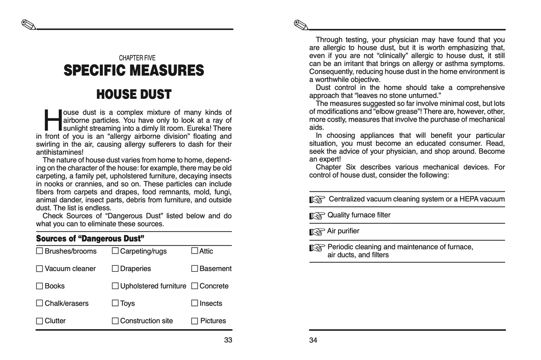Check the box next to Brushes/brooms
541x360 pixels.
[40, 251]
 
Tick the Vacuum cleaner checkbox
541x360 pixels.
[40, 269]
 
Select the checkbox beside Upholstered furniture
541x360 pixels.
[115, 286]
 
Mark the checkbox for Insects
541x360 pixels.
[194, 303]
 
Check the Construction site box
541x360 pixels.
[115, 321]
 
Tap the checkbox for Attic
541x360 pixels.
[194, 251]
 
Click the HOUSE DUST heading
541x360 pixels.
[134, 94]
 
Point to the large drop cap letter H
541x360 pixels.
[52, 120]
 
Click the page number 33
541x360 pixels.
[228, 340]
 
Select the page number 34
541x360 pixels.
[313, 340]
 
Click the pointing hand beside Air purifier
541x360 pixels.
[317, 232]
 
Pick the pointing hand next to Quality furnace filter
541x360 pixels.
[317, 216]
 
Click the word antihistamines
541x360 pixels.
[60, 152]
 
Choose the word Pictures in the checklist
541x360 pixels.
[213, 321]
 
